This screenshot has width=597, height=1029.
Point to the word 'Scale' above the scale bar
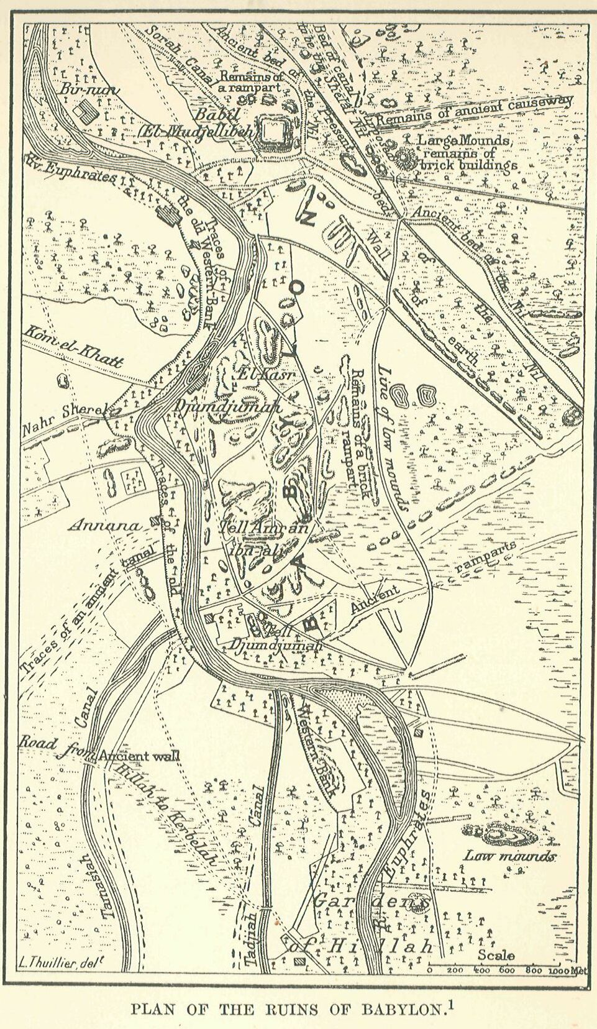496,955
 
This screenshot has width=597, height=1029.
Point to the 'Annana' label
104,526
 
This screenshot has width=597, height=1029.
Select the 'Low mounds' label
509,856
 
